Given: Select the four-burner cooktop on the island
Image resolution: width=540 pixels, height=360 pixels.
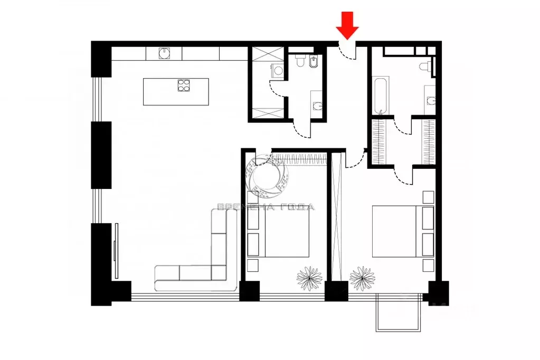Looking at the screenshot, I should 183,86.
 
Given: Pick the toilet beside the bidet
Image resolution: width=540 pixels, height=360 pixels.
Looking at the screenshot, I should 300,61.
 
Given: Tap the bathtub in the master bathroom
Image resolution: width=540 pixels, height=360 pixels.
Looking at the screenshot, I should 380,95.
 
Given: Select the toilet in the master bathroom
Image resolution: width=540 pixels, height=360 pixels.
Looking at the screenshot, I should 424,67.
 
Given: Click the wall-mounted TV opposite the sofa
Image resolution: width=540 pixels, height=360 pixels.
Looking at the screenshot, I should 116,251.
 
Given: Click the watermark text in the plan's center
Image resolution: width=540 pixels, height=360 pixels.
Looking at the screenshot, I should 266,207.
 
